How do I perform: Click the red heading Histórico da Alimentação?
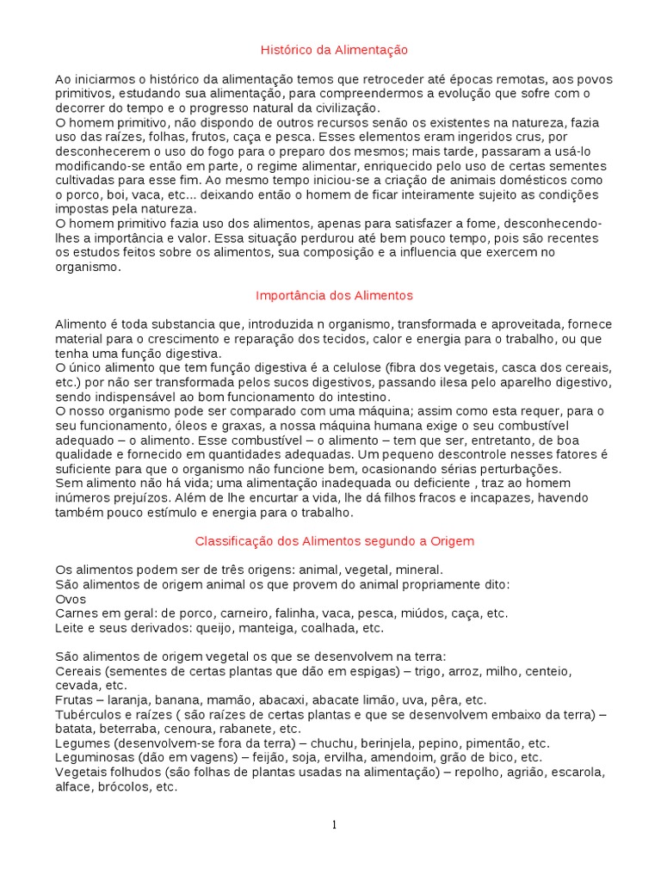click(x=334, y=51)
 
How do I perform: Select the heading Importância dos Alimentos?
click(x=334, y=295)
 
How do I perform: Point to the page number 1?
click(x=335, y=825)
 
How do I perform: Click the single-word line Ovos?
click(x=70, y=599)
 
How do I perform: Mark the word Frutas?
click(x=74, y=700)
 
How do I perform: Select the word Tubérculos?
click(x=89, y=715)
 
